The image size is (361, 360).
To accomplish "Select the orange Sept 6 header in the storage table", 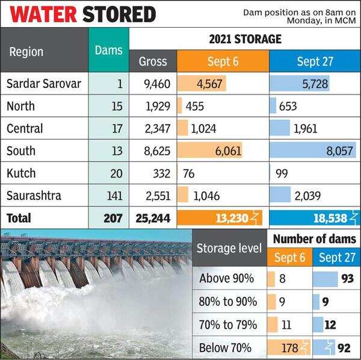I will pyautogui.click(x=223, y=61).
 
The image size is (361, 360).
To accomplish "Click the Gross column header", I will pyautogui.click(x=153, y=61).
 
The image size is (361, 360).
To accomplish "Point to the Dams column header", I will pyautogui.click(x=108, y=51).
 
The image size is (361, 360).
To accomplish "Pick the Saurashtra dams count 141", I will pyautogui.click(x=113, y=196).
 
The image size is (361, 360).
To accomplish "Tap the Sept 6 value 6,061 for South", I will pyautogui.click(x=227, y=151).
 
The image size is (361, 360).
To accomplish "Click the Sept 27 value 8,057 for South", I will pyautogui.click(x=340, y=151).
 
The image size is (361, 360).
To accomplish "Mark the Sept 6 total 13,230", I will pyautogui.click(x=230, y=218).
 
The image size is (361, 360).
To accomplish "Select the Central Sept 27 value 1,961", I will pyautogui.click(x=305, y=129).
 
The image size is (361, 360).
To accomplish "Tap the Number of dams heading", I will pyautogui.click(x=314, y=239).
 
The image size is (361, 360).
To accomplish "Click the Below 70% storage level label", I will pyautogui.click(x=225, y=347).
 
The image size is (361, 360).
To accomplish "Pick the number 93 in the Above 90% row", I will pyautogui.click(x=346, y=279).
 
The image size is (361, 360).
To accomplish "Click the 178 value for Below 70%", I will pyautogui.click(x=290, y=347).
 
